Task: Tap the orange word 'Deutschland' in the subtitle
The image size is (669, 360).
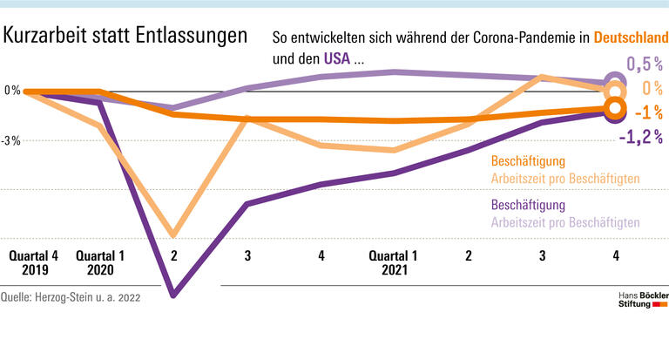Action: click(631, 37)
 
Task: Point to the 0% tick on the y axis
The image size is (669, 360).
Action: click(11, 91)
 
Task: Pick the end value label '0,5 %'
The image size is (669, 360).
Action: click(645, 64)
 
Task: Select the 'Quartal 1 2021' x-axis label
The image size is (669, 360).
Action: click(394, 263)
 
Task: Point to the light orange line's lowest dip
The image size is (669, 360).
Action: click(174, 235)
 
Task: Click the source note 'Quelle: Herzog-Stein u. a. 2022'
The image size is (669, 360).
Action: click(71, 297)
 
